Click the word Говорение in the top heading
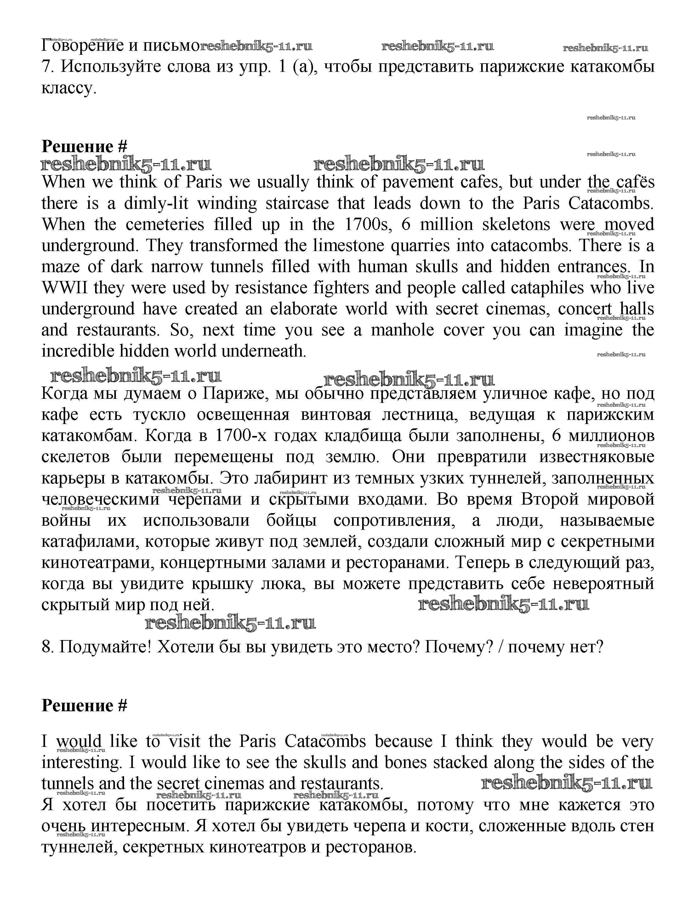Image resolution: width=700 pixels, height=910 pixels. [83, 45]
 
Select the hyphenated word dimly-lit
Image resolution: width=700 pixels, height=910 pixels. [156, 203]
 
